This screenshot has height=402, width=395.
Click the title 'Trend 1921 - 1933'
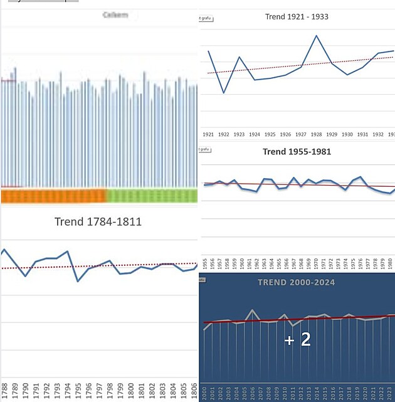pos(297,17)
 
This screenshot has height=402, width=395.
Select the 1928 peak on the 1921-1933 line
pos(317,36)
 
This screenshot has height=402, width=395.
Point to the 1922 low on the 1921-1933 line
pos(224,93)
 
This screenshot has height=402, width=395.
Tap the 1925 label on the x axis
pos(270,134)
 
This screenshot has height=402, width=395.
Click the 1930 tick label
pos(347,134)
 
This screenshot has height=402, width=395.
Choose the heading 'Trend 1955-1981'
pos(297,152)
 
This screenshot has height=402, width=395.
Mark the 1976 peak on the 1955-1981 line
pos(360,177)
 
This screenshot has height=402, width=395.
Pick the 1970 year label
pos(315,263)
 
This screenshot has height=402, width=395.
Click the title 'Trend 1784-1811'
pos(98,221)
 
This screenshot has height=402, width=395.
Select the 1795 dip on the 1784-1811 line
pos(78,281)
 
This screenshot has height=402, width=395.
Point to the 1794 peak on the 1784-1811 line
pos(67,251)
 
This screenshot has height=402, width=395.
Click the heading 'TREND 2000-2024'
pos(296,282)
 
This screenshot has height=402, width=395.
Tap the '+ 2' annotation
pos(297,340)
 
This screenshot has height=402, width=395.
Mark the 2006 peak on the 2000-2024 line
pos(252,310)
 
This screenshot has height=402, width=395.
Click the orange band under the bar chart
pos(53,196)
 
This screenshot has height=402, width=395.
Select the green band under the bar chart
pos(152,196)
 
